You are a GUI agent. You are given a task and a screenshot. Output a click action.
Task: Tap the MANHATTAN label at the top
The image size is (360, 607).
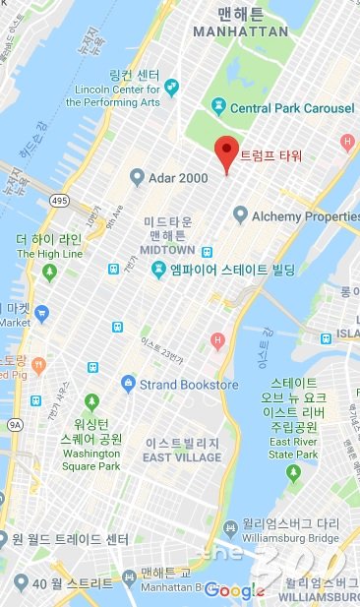[x=241, y=31]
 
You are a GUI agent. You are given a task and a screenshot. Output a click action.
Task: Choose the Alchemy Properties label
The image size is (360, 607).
[x=305, y=216]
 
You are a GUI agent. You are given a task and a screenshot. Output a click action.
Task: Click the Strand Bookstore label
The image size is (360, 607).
[x=188, y=383]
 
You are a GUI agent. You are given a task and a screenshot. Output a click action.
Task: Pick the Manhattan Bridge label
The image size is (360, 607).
[x=166, y=586]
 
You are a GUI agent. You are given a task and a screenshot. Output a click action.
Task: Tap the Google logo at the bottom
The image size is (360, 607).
[x=234, y=589]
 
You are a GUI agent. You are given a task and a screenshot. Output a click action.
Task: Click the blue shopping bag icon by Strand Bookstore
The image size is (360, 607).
[x=127, y=383]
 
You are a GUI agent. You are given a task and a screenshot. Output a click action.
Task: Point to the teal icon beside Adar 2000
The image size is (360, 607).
[x=137, y=178]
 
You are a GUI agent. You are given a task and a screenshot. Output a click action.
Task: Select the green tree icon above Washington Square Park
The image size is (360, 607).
[x=91, y=401]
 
